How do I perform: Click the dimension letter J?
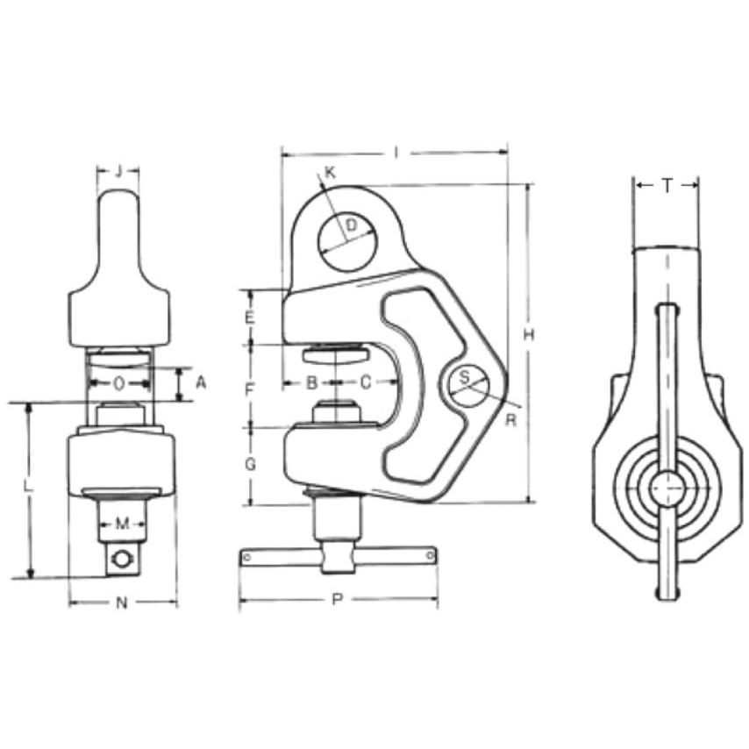coord(119,170)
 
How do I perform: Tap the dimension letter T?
coord(667,184)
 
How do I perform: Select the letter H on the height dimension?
coord(528,335)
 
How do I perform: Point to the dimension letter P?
coord(338,598)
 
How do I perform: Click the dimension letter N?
coord(122,603)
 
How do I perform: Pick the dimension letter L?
coord(29,488)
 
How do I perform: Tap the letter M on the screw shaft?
coord(122,524)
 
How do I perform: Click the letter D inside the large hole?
coord(351,225)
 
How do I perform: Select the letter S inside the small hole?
coord(464,378)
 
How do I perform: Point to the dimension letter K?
coord(330,173)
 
